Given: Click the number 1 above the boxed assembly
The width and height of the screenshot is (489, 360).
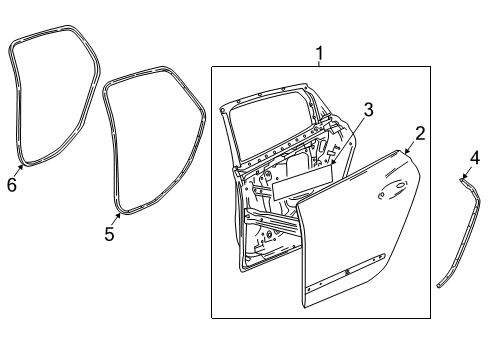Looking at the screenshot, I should coord(320,52).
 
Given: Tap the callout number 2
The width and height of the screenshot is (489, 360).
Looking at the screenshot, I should coord(421,133).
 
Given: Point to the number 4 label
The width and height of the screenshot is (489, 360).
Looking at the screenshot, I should coord(475,157).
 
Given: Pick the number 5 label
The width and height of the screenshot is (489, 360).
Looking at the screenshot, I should coord(110,234).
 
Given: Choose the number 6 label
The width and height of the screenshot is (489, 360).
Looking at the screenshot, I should coord(12,184).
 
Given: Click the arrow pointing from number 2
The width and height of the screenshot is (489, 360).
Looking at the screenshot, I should coord(409,147).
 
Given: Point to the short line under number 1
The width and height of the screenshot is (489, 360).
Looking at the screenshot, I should coord(320,63).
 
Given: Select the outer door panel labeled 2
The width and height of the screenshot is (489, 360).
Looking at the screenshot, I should coord(360,240).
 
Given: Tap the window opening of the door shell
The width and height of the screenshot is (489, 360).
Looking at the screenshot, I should coord(270,125).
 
